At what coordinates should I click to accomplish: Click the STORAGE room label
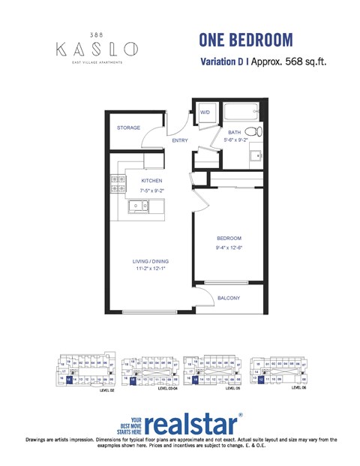point(128,128)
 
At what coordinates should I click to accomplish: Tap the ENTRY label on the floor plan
point(180,140)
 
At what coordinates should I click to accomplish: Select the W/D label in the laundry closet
point(204,112)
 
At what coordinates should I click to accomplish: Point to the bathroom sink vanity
point(255,157)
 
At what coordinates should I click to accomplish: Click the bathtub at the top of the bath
point(240,115)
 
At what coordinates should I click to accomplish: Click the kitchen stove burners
point(118,183)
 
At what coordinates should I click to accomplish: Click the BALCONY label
point(229,299)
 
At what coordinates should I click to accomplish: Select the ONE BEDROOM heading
point(246,41)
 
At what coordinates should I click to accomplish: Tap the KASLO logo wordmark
point(97,49)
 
